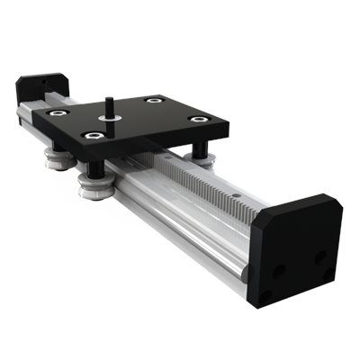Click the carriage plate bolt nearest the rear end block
click(57, 113)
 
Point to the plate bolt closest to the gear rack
click(197, 119)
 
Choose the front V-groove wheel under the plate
click(94, 186)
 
